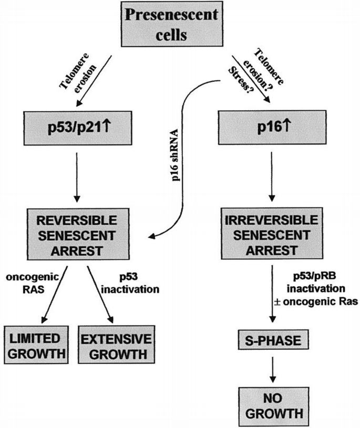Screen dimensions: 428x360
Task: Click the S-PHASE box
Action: pyautogui.click(x=270, y=342)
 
